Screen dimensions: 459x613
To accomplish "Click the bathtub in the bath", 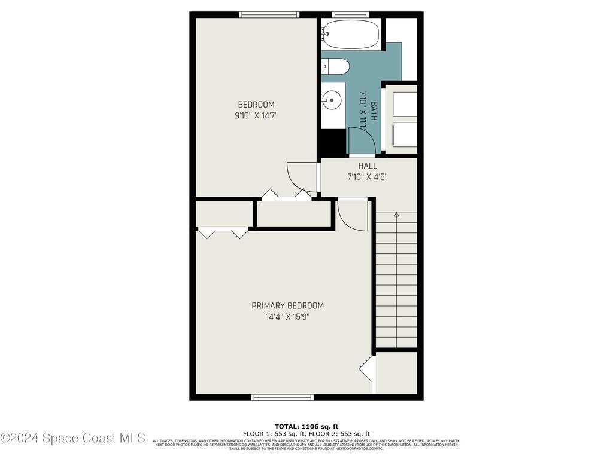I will click(x=351, y=34).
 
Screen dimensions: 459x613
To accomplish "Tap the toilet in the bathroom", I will click(x=334, y=66).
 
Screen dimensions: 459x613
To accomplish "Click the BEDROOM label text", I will click(x=256, y=105).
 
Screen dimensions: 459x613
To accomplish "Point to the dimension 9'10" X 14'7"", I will click(x=256, y=116).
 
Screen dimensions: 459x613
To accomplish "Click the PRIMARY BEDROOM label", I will click(x=287, y=305).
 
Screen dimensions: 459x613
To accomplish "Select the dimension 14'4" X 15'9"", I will click(x=287, y=317).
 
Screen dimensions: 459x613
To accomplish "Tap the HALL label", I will click(x=368, y=166).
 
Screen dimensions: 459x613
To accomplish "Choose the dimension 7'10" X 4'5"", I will click(x=368, y=177).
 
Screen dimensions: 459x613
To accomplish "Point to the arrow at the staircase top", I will click(x=396, y=214).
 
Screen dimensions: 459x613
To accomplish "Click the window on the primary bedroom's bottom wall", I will click(x=282, y=397).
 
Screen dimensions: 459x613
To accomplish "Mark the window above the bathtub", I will click(x=350, y=15).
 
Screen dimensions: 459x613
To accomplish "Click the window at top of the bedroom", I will click(x=269, y=15).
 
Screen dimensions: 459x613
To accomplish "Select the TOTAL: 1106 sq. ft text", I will click(x=306, y=426).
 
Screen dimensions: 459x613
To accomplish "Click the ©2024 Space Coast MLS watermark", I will click(x=73, y=438).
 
